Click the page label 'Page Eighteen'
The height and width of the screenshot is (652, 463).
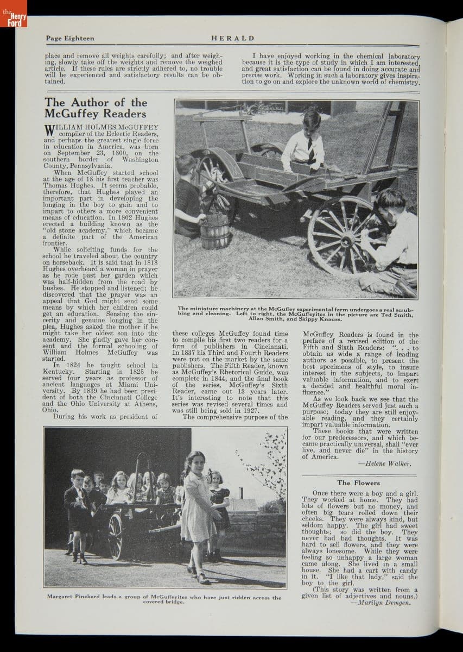pyautogui.click(x=70, y=38)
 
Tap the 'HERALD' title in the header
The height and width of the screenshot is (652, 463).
pyautogui.click(x=232, y=38)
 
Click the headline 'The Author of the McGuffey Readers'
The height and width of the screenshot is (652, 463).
pyautogui.click(x=96, y=108)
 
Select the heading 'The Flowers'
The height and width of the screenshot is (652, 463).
pyautogui.click(x=358, y=482)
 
